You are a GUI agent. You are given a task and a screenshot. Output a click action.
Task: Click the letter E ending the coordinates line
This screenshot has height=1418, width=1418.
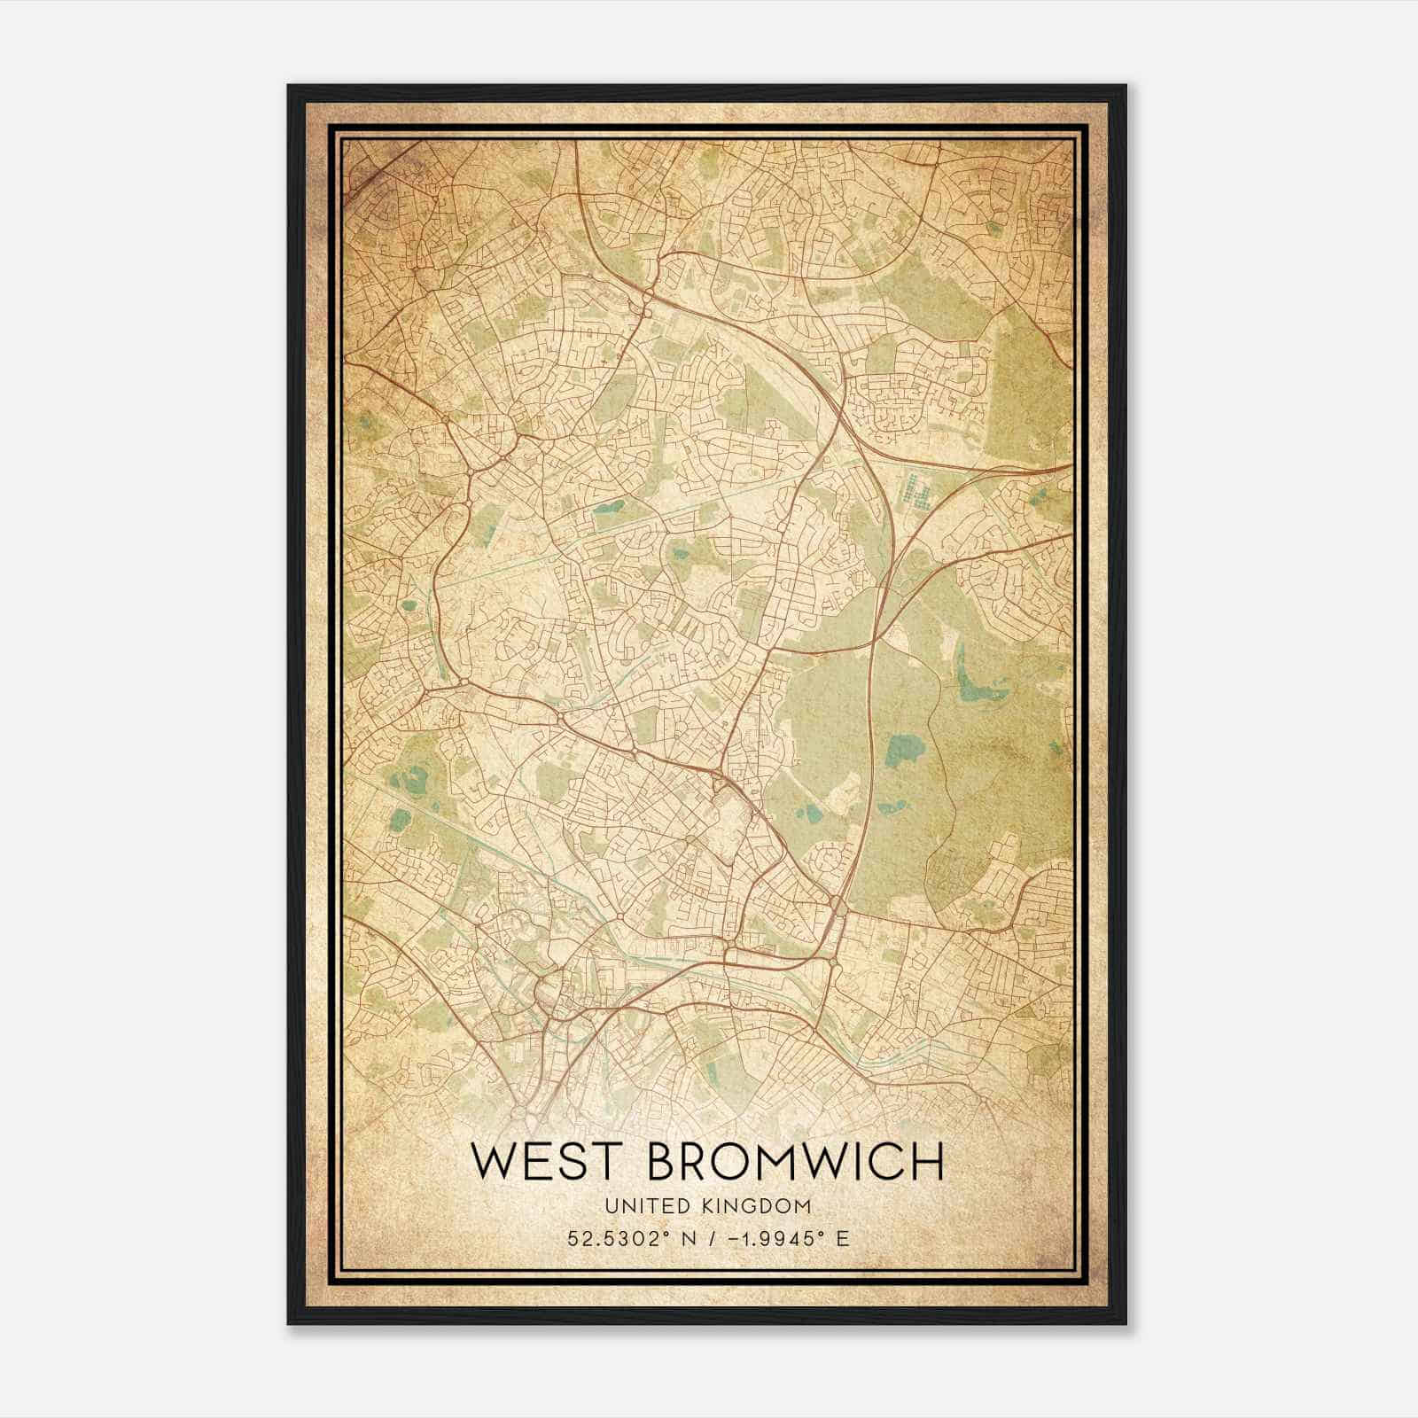coord(843,1238)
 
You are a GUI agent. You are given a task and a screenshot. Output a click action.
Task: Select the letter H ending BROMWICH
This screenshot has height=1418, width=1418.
coord(928,1162)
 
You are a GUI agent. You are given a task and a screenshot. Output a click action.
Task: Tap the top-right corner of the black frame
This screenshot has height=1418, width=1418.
coord(1125,87)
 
